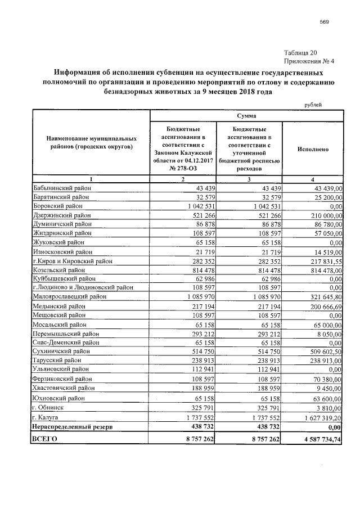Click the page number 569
[324, 22]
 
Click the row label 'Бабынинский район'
[61, 187]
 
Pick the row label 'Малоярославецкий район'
[69, 296]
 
